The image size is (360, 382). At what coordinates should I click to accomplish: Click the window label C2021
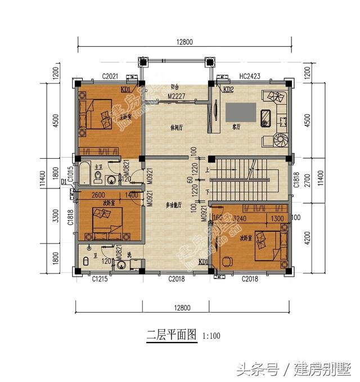click(x=110, y=75)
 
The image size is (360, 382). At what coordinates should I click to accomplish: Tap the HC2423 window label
click(x=249, y=75)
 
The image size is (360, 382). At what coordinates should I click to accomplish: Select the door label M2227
click(x=177, y=96)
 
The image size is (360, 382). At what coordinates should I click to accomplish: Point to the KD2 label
click(x=228, y=90)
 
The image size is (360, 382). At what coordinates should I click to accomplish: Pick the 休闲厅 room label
click(x=177, y=127)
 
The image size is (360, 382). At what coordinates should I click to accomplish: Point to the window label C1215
click(x=102, y=278)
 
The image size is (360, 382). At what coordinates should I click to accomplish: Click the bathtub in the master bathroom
click(x=85, y=174)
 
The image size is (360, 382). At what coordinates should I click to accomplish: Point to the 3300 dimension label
click(x=55, y=216)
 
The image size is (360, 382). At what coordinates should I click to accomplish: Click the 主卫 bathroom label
click(x=98, y=167)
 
